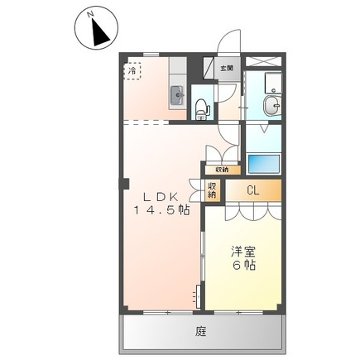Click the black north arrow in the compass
pyautogui.click(x=100, y=32)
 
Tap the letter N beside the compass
pyautogui.click(x=89, y=14)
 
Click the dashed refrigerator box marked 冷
pyautogui.click(x=132, y=71)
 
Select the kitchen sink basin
pyautogui.click(x=177, y=95)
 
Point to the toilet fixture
pyautogui.click(x=202, y=109)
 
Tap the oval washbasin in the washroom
pyautogui.click(x=272, y=106)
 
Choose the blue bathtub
pyautogui.click(x=264, y=163)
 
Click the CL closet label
pyautogui.click(x=253, y=190)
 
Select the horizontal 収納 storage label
pyautogui.click(x=222, y=170)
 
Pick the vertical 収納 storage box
pyautogui.click(x=212, y=190)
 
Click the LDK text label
pyautogui.click(x=161, y=197)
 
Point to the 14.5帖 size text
pyautogui.click(x=162, y=211)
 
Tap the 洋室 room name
pyautogui.click(x=243, y=252)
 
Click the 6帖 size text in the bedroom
pyautogui.click(x=244, y=265)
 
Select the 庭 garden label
pyautogui.click(x=201, y=331)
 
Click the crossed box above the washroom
pyautogui.click(x=263, y=61)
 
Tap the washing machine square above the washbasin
pyautogui.click(x=273, y=83)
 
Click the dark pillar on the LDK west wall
pyautogui.click(x=124, y=184)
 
